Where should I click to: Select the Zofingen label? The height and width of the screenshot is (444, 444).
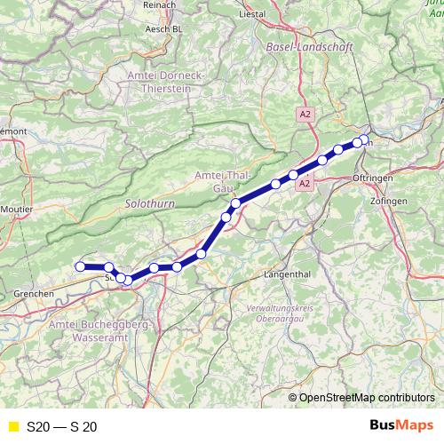click(390, 202)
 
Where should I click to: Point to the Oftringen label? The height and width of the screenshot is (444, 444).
click(385, 178)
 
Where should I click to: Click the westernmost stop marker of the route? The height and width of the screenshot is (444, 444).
click(80, 266)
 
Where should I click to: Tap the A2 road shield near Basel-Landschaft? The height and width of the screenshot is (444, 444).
click(305, 115)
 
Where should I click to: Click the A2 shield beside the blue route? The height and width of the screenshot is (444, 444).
click(304, 184)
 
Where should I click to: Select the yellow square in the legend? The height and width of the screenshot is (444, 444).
click(12, 426)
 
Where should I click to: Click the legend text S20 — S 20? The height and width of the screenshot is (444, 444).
click(61, 426)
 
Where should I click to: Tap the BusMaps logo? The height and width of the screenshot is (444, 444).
click(402, 425)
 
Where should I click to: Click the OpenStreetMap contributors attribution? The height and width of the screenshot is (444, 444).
click(367, 398)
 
